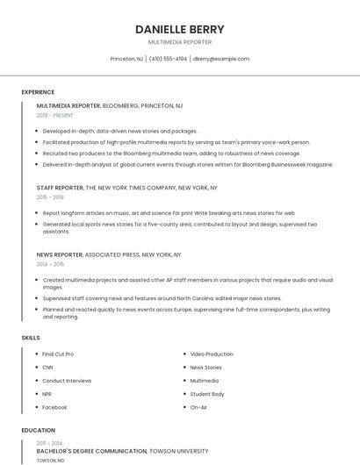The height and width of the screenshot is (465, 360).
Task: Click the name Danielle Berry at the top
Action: (180, 29)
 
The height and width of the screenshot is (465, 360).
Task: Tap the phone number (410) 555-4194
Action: (168, 59)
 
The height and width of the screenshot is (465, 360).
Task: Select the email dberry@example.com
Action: (221, 59)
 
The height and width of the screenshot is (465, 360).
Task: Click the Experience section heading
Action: (38, 92)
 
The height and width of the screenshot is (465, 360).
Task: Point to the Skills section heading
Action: (31, 338)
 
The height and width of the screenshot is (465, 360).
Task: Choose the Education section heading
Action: (38, 431)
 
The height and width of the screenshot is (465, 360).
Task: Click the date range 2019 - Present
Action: (55, 115)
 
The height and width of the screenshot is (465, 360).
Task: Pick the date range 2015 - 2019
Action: (50, 197)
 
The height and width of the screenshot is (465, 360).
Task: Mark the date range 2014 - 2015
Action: (50, 263)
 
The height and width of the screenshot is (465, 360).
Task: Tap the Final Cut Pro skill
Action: (58, 354)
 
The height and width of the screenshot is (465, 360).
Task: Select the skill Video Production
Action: (212, 354)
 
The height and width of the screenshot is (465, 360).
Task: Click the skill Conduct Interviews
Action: (67, 381)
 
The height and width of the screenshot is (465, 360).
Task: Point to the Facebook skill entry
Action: (54, 407)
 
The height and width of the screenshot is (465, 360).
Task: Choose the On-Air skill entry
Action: (198, 407)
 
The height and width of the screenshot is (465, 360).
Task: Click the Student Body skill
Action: (207, 394)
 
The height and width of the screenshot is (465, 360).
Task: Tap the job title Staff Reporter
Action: (60, 188)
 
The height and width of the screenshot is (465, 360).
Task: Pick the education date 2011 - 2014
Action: (49, 443)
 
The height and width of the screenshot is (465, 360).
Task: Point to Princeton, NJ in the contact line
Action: (126, 59)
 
